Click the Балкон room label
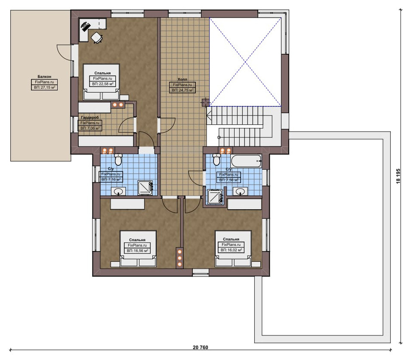point(44,77)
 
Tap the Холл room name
point(182,79)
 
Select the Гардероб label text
point(90,118)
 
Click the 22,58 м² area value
point(103,84)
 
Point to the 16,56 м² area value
point(138,251)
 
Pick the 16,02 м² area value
point(232,250)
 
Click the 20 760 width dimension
point(200,348)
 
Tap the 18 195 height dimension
point(398,176)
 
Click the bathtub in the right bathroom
point(246,161)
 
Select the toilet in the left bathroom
point(118,159)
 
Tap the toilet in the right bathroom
point(216,159)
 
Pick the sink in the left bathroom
point(118,191)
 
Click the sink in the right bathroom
point(240,191)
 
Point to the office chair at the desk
point(97,37)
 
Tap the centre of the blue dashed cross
point(245,62)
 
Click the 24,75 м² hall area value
point(183,90)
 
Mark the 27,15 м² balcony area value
point(44,87)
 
